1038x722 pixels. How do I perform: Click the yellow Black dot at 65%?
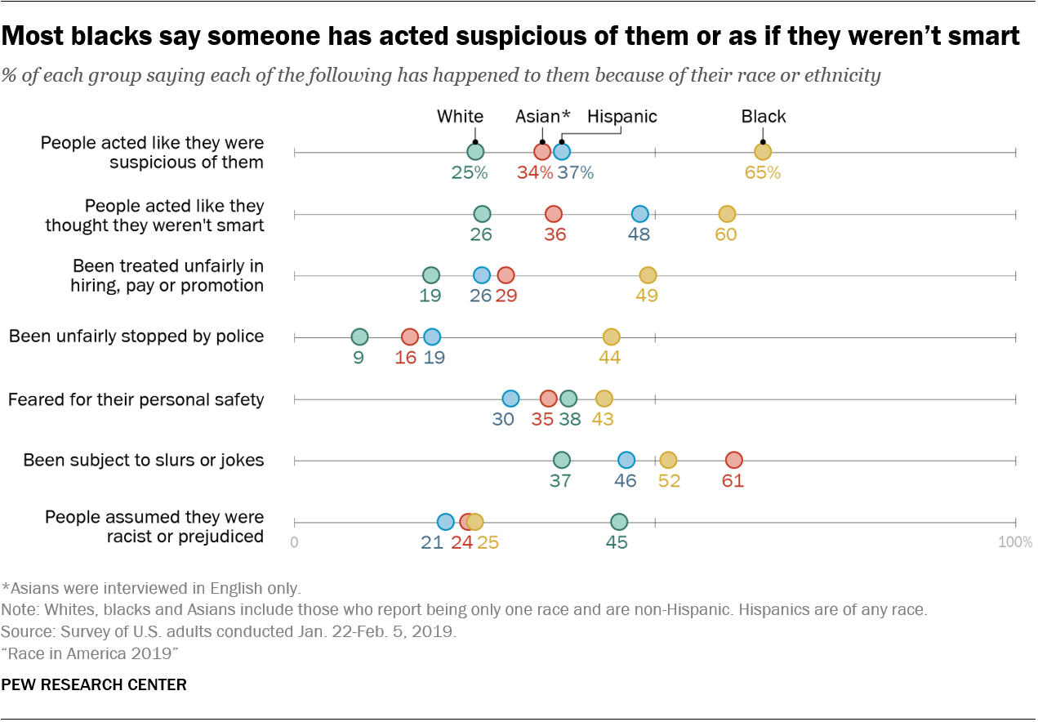click(x=762, y=151)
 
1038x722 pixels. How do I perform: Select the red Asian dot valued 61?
click(x=733, y=460)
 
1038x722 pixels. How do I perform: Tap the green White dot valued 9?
click(x=359, y=336)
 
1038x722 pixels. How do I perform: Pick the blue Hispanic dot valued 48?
click(x=639, y=213)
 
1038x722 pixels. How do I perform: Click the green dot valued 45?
click(x=618, y=521)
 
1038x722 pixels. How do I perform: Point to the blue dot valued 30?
click(x=510, y=399)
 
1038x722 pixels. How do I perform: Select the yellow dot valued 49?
click(x=647, y=275)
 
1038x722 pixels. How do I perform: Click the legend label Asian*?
click(x=541, y=117)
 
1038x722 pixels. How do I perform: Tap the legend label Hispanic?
click(x=621, y=117)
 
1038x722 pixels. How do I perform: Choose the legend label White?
click(x=460, y=117)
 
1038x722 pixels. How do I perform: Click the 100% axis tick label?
click(x=1017, y=542)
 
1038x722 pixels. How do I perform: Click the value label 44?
click(x=609, y=357)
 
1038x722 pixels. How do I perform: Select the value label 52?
click(x=669, y=481)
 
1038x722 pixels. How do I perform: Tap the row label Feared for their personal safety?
click(x=136, y=399)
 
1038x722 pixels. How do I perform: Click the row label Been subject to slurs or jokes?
click(x=143, y=461)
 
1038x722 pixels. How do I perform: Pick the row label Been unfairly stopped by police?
click(x=136, y=336)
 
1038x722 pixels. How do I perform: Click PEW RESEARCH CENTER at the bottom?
click(x=94, y=684)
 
